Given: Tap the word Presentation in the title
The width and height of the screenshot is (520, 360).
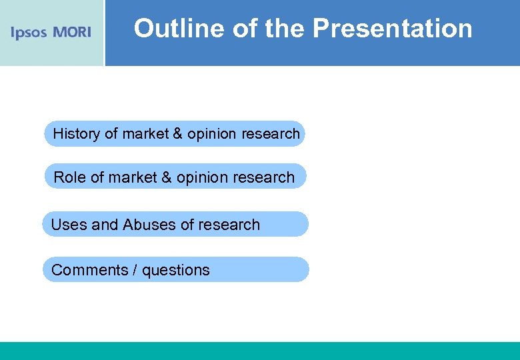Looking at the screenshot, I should coord(392,29).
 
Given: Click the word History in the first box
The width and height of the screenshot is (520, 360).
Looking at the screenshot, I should coord(76,133).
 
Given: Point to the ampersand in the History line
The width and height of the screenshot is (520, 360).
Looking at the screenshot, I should coord(177,133).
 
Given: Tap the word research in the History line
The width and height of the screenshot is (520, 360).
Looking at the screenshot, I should coord(271,133).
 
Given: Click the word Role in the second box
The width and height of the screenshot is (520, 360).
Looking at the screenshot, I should coord(69,177).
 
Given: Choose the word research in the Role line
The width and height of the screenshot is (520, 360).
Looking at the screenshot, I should coord(265,177).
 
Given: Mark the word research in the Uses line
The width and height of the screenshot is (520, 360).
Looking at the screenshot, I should coord(230,225).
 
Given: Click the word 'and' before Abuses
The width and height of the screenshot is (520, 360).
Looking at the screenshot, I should coord(105,225).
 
